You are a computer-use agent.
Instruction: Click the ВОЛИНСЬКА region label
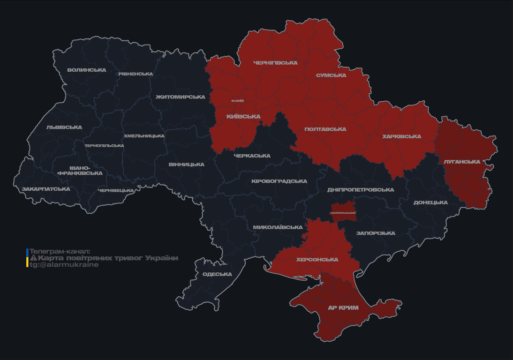(87, 70)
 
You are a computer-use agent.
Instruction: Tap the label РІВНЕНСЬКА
(136, 74)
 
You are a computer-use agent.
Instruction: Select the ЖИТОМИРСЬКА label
(180, 97)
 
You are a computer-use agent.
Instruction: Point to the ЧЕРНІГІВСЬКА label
(275, 63)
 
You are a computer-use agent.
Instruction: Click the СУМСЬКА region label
(331, 75)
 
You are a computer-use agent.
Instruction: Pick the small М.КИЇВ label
(238, 101)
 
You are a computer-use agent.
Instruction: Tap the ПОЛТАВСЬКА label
(325, 129)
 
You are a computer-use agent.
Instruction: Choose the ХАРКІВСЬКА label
(401, 137)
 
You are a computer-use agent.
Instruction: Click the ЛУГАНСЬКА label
(462, 162)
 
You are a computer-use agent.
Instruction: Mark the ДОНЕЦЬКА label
(430, 203)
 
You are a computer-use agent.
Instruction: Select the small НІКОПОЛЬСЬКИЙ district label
(343, 213)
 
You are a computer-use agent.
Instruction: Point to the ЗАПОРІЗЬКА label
(376, 233)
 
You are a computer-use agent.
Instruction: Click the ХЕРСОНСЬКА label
(317, 260)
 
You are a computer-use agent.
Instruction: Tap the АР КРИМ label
(343, 308)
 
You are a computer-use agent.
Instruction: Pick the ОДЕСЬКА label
(217, 274)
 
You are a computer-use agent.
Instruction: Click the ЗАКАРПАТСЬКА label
(46, 189)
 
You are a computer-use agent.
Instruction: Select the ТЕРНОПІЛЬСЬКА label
(104, 146)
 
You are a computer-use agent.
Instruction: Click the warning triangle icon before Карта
(33, 258)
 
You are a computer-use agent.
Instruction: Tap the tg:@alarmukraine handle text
(64, 265)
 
